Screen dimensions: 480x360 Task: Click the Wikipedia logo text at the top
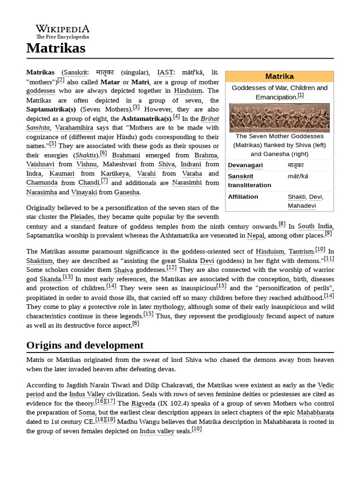(x=62, y=29)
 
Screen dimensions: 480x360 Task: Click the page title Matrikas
(x=56, y=48)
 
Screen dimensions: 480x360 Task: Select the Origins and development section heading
(x=85, y=345)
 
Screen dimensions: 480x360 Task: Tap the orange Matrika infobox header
(x=279, y=76)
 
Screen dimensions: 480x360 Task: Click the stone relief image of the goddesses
(x=279, y=118)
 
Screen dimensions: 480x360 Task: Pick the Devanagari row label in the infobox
(x=245, y=165)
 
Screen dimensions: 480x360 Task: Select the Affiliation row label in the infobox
(x=243, y=196)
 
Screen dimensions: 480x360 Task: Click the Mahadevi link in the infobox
(x=301, y=205)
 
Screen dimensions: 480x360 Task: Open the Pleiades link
(x=82, y=217)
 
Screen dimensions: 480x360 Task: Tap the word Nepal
(x=256, y=236)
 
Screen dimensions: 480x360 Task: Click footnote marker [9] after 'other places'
(x=328, y=233)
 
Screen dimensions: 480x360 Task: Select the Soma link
(x=87, y=412)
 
